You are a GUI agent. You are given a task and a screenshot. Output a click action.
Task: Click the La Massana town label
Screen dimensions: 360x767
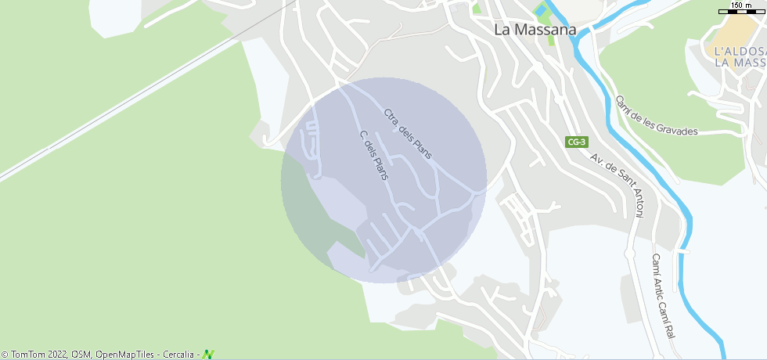535,30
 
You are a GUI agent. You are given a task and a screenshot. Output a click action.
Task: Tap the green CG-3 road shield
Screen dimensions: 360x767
577,142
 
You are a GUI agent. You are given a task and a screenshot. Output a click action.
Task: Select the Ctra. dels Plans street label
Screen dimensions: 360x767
408,134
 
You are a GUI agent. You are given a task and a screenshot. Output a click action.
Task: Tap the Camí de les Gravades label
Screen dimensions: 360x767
656,116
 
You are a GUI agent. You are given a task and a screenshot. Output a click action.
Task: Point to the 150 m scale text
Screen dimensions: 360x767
741,5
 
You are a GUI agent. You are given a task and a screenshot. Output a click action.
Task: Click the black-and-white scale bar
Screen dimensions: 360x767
741,13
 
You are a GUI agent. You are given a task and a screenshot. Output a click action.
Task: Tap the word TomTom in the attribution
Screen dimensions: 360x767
29,355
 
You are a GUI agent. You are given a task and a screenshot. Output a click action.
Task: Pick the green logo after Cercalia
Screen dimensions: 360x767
208,355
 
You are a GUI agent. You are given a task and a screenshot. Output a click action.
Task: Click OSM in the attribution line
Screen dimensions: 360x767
81,355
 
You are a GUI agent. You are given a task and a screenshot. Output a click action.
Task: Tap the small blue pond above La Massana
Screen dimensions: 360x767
541,10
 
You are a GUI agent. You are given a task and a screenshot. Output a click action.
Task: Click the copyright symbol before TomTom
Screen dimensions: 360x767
5,355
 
